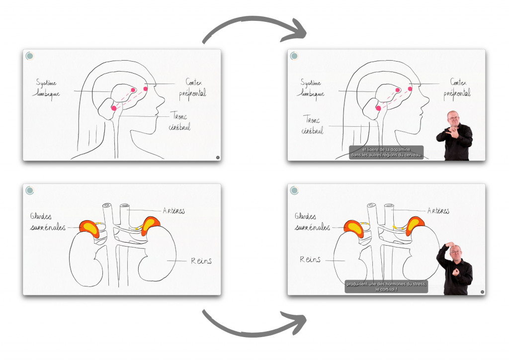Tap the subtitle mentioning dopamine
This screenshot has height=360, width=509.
pyautogui.click(x=386, y=152)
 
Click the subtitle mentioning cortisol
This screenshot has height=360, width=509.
pyautogui.click(x=386, y=287)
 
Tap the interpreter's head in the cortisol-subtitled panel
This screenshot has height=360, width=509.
pyautogui.click(x=456, y=253)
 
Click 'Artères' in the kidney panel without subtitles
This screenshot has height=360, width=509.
pyautogui.click(x=173, y=211)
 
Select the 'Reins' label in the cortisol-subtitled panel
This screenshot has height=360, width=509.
pyautogui.click(x=310, y=260)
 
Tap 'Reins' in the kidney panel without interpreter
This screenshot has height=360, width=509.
pyautogui.click(x=200, y=261)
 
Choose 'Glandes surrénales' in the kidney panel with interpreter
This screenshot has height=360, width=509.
pyautogui.click(x=312, y=222)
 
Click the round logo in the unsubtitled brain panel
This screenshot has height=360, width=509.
pyautogui.click(x=30, y=56)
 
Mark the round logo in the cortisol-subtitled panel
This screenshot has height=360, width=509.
pyautogui.click(x=294, y=190)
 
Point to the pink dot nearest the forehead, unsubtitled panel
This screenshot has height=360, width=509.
pyautogui.click(x=146, y=89)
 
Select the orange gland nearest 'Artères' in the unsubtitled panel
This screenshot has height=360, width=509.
pyautogui.click(x=151, y=225)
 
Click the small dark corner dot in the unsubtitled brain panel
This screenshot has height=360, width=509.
pyautogui.click(x=218, y=157)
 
